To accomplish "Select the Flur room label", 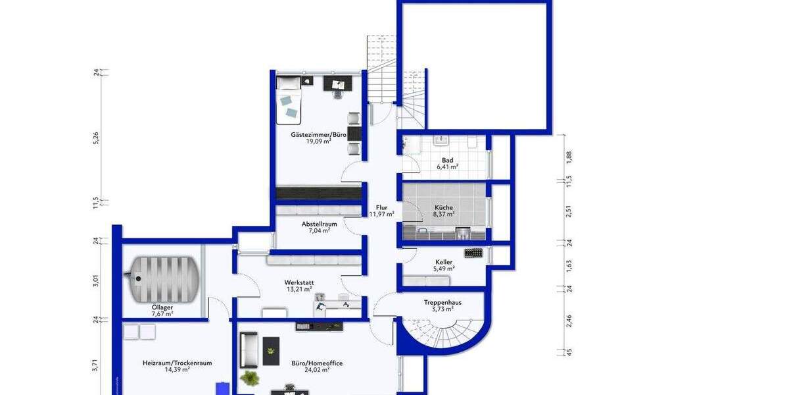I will pyautogui.click(x=381, y=207).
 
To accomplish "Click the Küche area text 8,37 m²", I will pyautogui.click(x=443, y=215).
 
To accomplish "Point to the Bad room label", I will pyautogui.click(x=447, y=160).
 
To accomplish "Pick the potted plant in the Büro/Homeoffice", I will pyautogui.click(x=250, y=378).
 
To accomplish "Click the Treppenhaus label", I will pyautogui.click(x=442, y=303).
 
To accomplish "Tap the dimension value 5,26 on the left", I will pyautogui.click(x=96, y=138).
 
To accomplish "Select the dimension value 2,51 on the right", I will pyautogui.click(x=569, y=211).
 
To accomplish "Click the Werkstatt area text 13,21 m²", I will pyautogui.click(x=299, y=290).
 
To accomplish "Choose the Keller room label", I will pyautogui.click(x=443, y=262).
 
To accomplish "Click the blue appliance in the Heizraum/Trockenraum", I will pyautogui.click(x=223, y=388).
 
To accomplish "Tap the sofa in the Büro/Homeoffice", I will pyautogui.click(x=248, y=350).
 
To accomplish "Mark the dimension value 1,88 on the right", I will pyautogui.click(x=569, y=156).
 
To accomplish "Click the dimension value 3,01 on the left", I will pyautogui.click(x=96, y=281).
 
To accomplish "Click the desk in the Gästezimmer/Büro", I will pyautogui.click(x=337, y=84).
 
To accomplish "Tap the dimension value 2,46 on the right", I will pyautogui.click(x=569, y=321).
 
